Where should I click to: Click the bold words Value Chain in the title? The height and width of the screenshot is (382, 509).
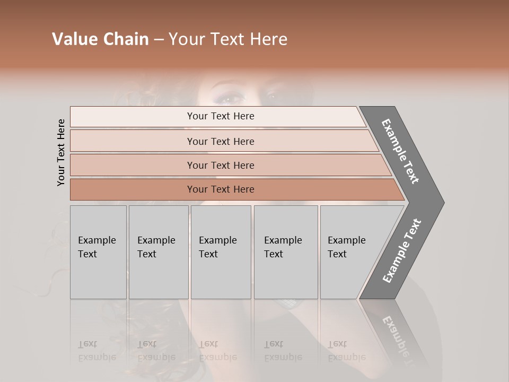[100, 39]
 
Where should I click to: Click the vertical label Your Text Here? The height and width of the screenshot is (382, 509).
[61, 152]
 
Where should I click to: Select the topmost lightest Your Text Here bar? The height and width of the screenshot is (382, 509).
[220, 116]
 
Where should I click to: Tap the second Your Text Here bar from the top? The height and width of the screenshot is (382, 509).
[220, 141]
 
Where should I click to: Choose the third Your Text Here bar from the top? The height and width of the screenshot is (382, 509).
[220, 165]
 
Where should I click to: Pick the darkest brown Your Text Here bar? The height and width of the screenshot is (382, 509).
[220, 189]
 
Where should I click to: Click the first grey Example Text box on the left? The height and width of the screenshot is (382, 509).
[98, 252]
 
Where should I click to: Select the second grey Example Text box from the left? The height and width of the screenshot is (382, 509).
[158, 252]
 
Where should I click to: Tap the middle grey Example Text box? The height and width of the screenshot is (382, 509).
[221, 252]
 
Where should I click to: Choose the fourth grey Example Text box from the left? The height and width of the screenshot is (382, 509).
[285, 252]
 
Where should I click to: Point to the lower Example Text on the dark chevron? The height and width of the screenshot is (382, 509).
[402, 250]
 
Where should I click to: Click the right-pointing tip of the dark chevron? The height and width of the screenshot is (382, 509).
[441, 202]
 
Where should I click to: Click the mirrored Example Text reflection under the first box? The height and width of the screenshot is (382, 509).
[97, 351]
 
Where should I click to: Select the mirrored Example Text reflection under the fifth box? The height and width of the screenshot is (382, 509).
[347, 351]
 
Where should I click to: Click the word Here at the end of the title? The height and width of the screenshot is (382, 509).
[268, 39]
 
